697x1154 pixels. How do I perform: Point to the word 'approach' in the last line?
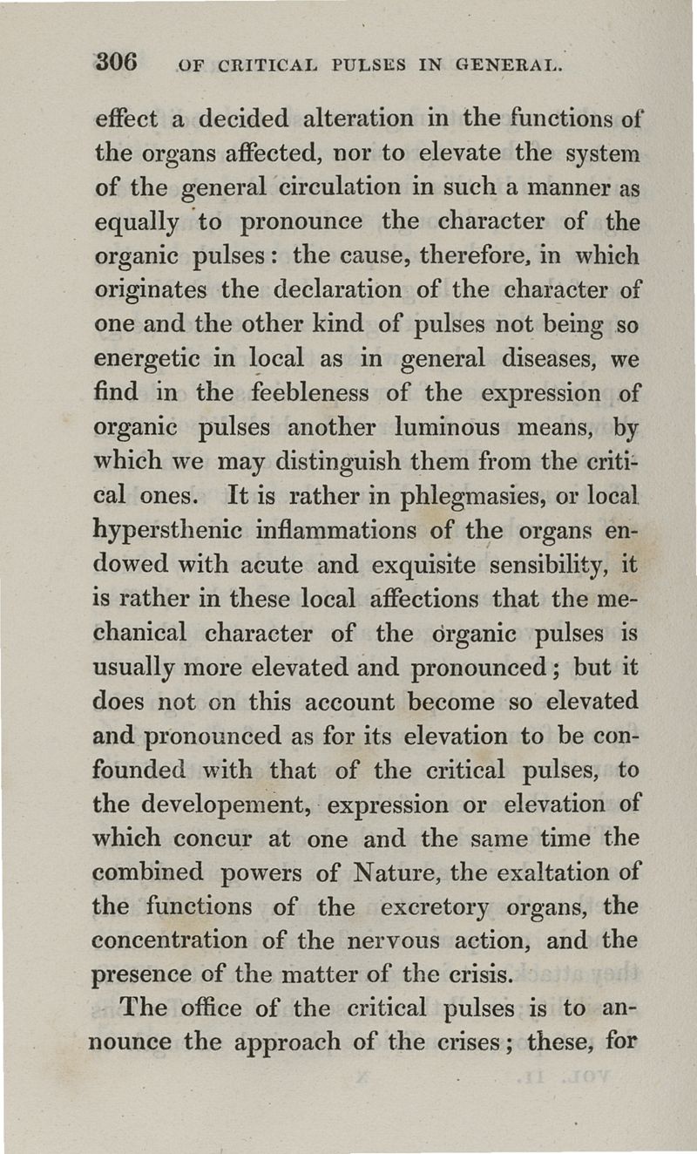point(299,1043)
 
